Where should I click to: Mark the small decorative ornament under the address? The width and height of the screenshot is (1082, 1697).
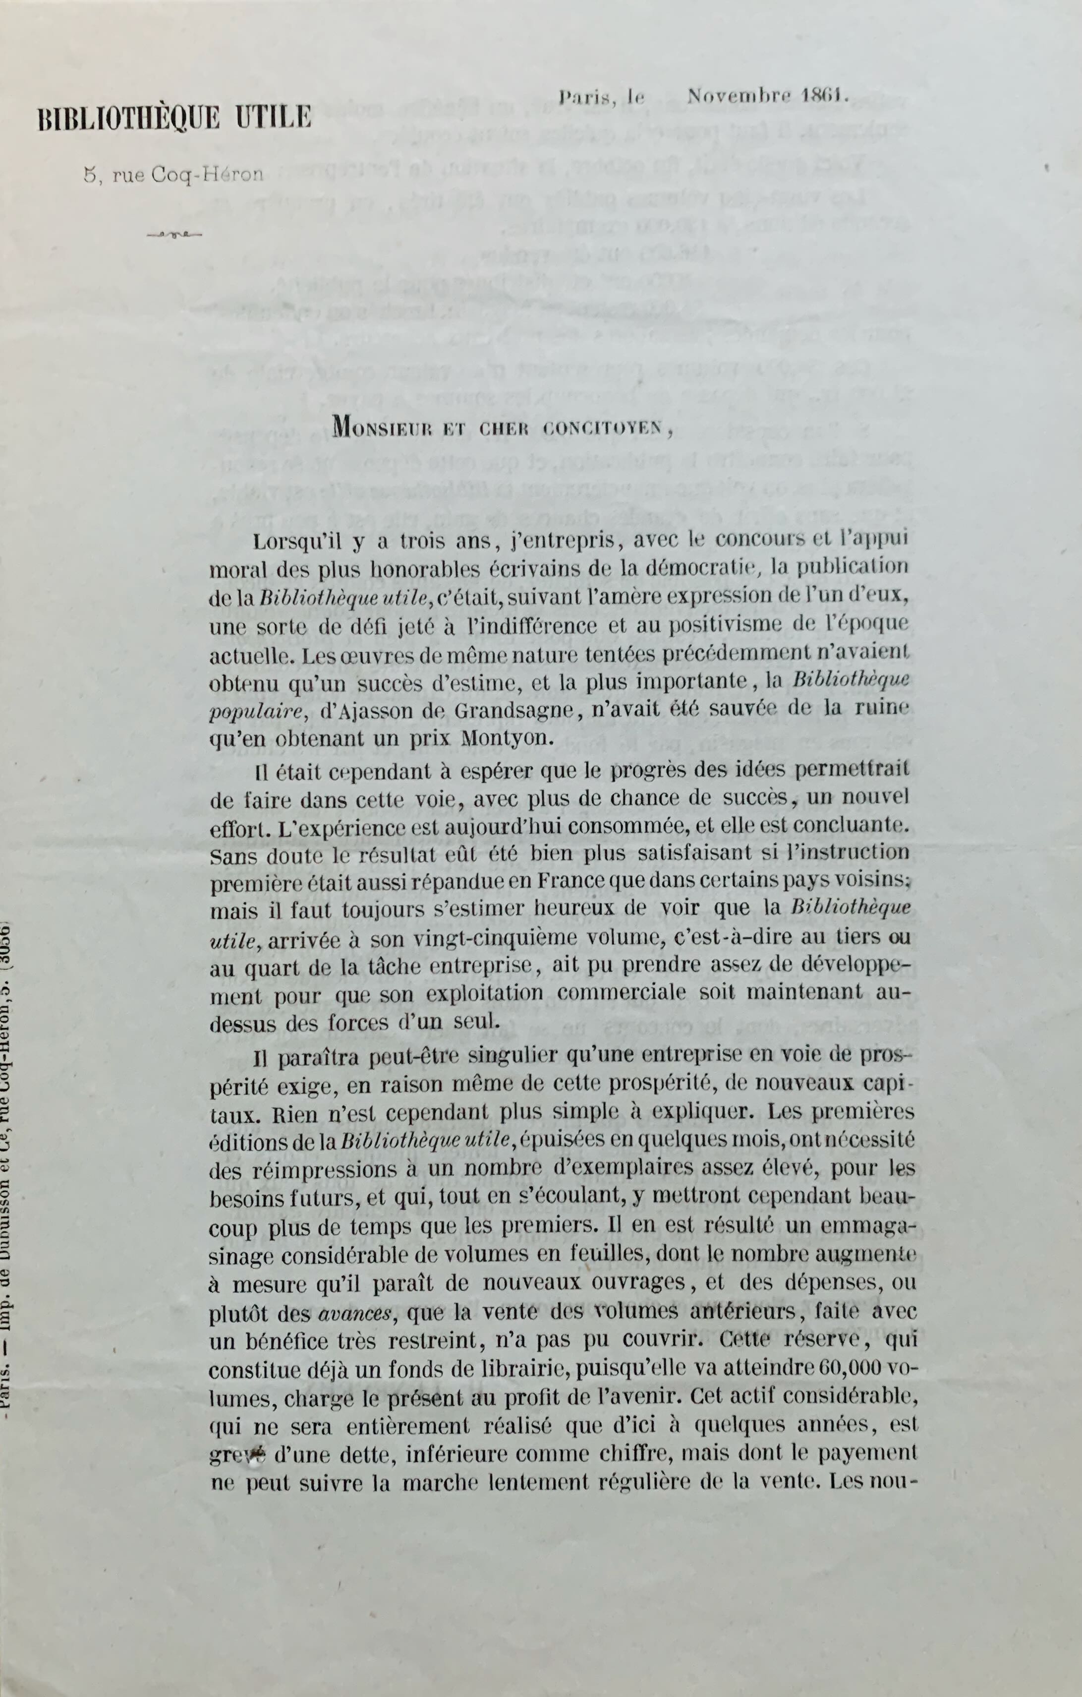click(174, 235)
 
